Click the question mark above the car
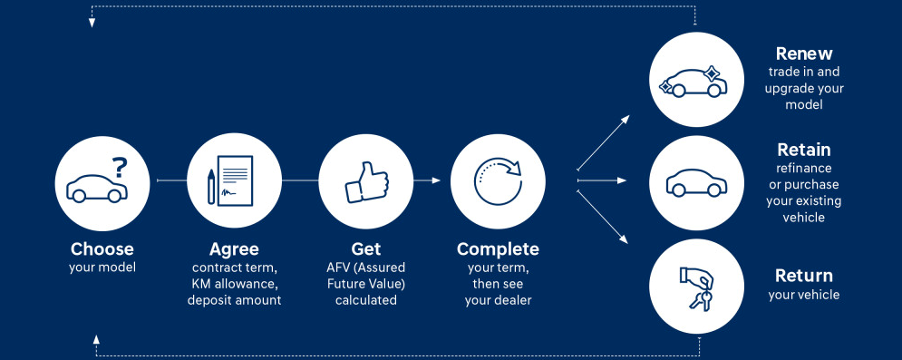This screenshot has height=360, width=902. pyautogui.click(x=120, y=168)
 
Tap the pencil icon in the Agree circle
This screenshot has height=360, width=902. pyautogui.click(x=211, y=186)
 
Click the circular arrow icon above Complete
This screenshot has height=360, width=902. pyautogui.click(x=498, y=180)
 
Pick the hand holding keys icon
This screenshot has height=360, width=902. pyautogui.click(x=696, y=287)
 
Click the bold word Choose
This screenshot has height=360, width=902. pyautogui.click(x=102, y=249)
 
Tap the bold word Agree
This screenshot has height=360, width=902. pyautogui.click(x=234, y=249)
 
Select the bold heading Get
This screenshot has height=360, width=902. pyautogui.click(x=366, y=249)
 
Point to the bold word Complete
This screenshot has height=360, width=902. pyautogui.click(x=499, y=249)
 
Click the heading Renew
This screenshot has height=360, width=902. pyautogui.click(x=804, y=54)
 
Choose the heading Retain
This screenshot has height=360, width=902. pyautogui.click(x=804, y=150)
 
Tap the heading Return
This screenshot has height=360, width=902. pyautogui.click(x=804, y=276)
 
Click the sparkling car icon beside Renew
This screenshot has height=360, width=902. pyautogui.click(x=693, y=82)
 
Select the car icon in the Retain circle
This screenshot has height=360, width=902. pyautogui.click(x=696, y=182)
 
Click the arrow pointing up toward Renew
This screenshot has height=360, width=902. pyautogui.click(x=604, y=142)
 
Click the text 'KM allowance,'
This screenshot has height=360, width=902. pyautogui.click(x=234, y=284)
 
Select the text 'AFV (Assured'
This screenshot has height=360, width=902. pyautogui.click(x=366, y=268)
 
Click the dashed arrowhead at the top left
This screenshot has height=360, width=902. pyautogui.click(x=92, y=23)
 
